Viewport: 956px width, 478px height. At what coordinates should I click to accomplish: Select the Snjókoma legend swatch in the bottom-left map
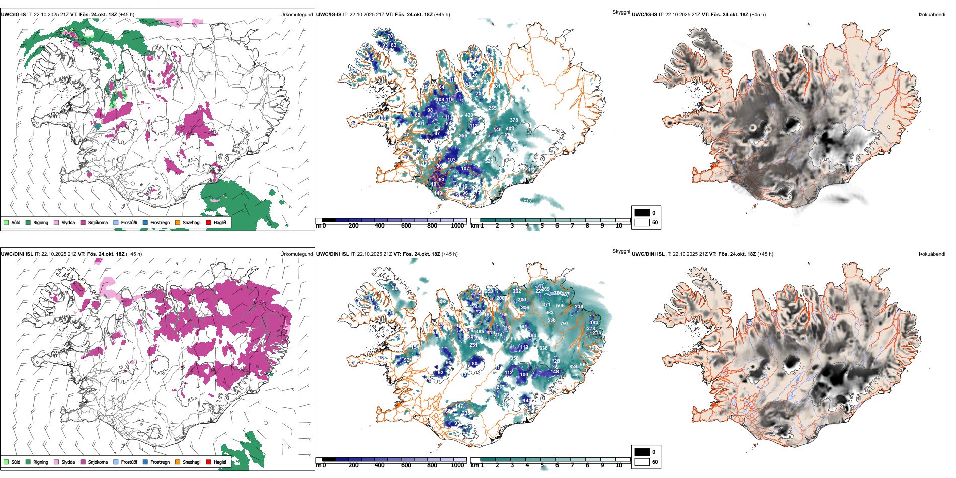point(83,462)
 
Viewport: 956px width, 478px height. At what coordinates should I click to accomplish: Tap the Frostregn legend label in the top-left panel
point(160,222)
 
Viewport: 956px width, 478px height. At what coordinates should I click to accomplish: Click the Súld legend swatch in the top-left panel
point(6,222)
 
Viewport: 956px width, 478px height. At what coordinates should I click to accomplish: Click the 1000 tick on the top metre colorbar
point(457,226)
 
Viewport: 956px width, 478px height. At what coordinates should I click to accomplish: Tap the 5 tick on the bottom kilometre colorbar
point(542,465)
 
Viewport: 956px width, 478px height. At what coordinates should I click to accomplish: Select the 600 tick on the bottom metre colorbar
point(406,465)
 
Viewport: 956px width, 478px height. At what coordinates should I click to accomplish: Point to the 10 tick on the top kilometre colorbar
point(619,226)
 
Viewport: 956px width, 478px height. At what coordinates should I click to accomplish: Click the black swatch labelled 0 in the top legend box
point(642,213)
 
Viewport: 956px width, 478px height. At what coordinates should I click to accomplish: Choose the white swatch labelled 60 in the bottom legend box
point(642,462)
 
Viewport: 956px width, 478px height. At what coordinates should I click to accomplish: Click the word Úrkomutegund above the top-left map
point(296,15)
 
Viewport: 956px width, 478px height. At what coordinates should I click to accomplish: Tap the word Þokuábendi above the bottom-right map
point(932,254)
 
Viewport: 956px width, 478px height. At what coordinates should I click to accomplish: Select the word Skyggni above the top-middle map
point(621,12)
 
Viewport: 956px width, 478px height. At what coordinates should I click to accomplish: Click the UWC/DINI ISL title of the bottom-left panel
point(17,254)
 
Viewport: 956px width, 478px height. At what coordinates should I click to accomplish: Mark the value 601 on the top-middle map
point(420,123)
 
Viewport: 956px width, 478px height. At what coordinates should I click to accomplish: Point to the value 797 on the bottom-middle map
point(564,324)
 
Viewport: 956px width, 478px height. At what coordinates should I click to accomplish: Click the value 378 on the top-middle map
point(514,120)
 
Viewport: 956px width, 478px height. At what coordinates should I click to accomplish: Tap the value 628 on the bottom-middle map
point(543,348)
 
